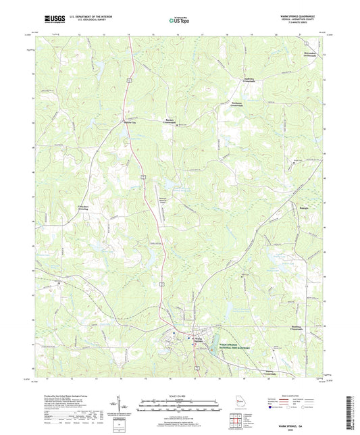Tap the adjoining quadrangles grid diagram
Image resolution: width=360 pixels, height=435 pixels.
click(x=238, y=421)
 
